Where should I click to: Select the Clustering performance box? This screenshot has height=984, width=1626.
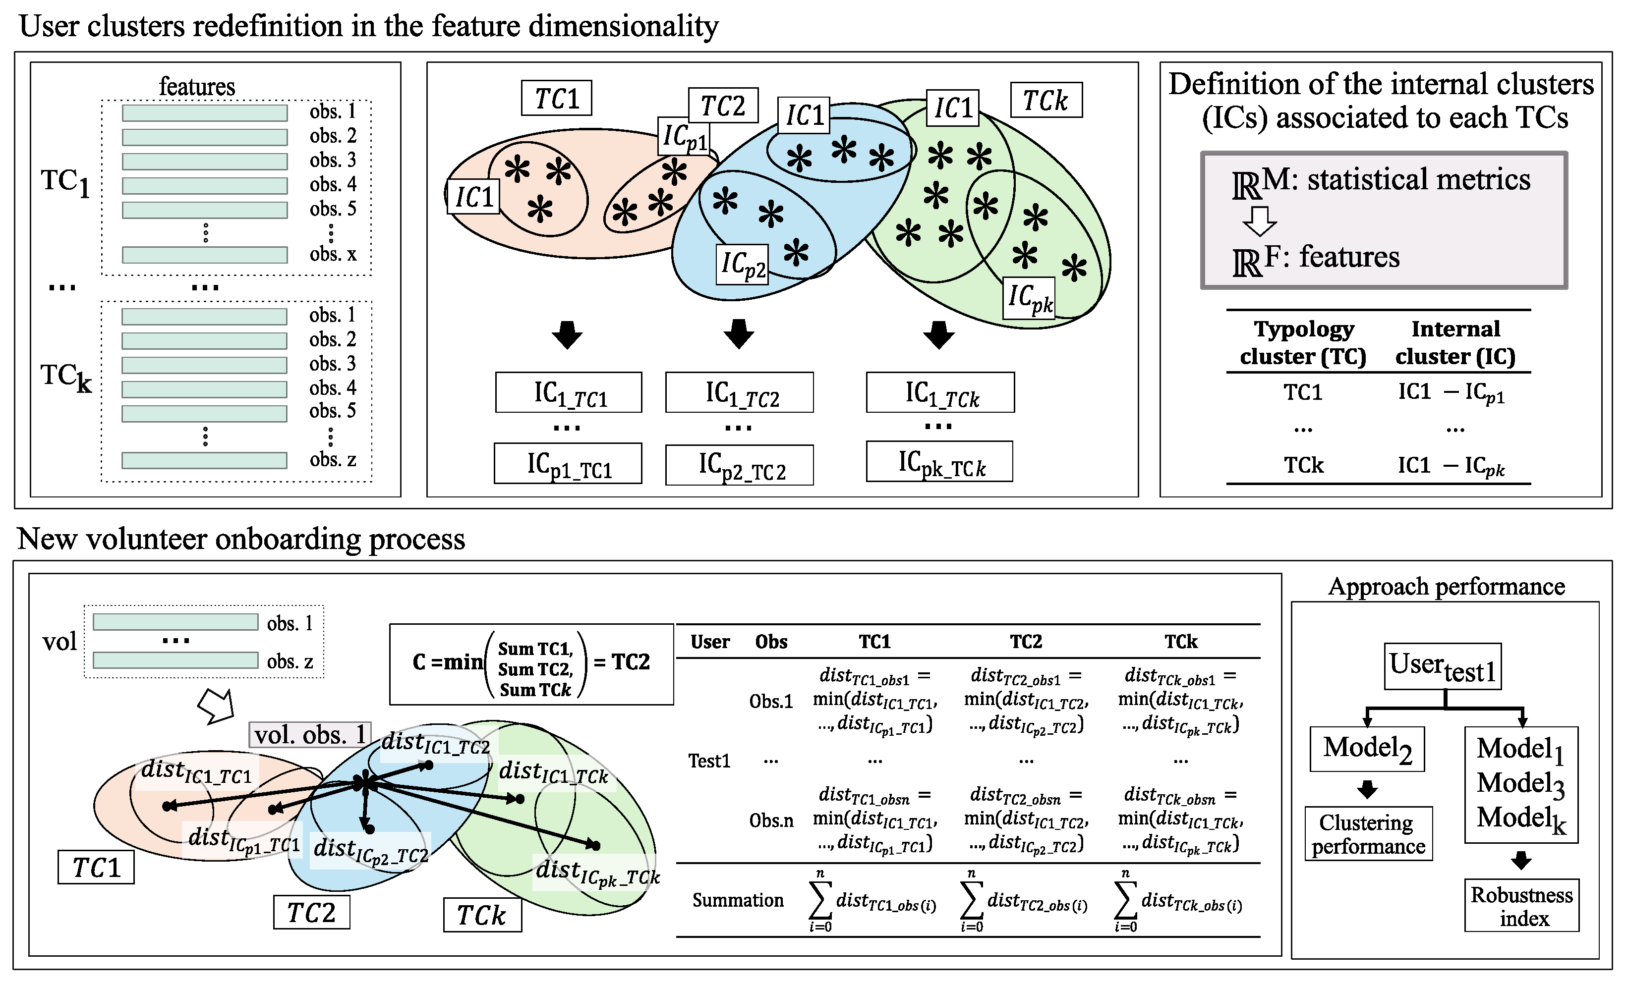(x=1368, y=834)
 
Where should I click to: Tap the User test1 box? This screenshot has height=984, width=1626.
(x=1442, y=666)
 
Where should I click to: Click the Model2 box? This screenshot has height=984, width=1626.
(x=1367, y=749)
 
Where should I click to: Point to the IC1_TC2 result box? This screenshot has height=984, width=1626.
(x=739, y=392)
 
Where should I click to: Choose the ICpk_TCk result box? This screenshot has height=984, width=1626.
(x=939, y=462)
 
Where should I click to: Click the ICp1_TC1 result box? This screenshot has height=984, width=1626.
(x=568, y=464)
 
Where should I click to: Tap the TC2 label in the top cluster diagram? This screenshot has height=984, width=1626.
(x=723, y=105)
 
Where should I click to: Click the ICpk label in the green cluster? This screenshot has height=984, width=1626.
(x=1029, y=298)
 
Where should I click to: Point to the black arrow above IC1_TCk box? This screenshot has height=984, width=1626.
(x=938, y=334)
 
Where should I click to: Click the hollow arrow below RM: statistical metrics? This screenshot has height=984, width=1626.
(x=1259, y=220)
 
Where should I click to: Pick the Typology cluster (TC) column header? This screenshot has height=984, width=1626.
(x=1303, y=342)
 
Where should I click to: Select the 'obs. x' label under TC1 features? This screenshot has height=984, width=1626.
(x=333, y=254)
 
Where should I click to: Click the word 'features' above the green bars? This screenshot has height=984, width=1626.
(x=197, y=86)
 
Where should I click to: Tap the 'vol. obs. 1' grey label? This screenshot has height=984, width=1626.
(x=309, y=735)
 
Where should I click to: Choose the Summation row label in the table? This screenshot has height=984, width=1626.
(x=737, y=900)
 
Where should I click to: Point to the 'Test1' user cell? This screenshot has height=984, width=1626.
(x=709, y=761)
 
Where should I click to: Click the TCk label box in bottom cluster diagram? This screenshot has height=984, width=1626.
(x=482, y=915)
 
